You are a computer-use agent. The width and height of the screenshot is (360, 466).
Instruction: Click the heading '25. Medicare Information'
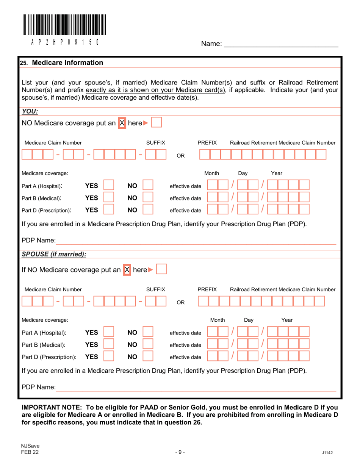(x=61, y=63)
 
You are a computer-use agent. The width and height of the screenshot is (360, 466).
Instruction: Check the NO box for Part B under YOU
(x=148, y=197)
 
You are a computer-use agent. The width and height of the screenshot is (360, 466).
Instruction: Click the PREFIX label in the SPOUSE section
(x=207, y=289)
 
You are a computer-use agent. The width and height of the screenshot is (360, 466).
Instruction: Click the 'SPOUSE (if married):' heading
(x=53, y=253)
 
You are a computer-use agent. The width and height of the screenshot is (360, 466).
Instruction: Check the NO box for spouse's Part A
(x=148, y=333)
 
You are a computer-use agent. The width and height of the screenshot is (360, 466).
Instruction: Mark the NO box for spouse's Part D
(x=148, y=356)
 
